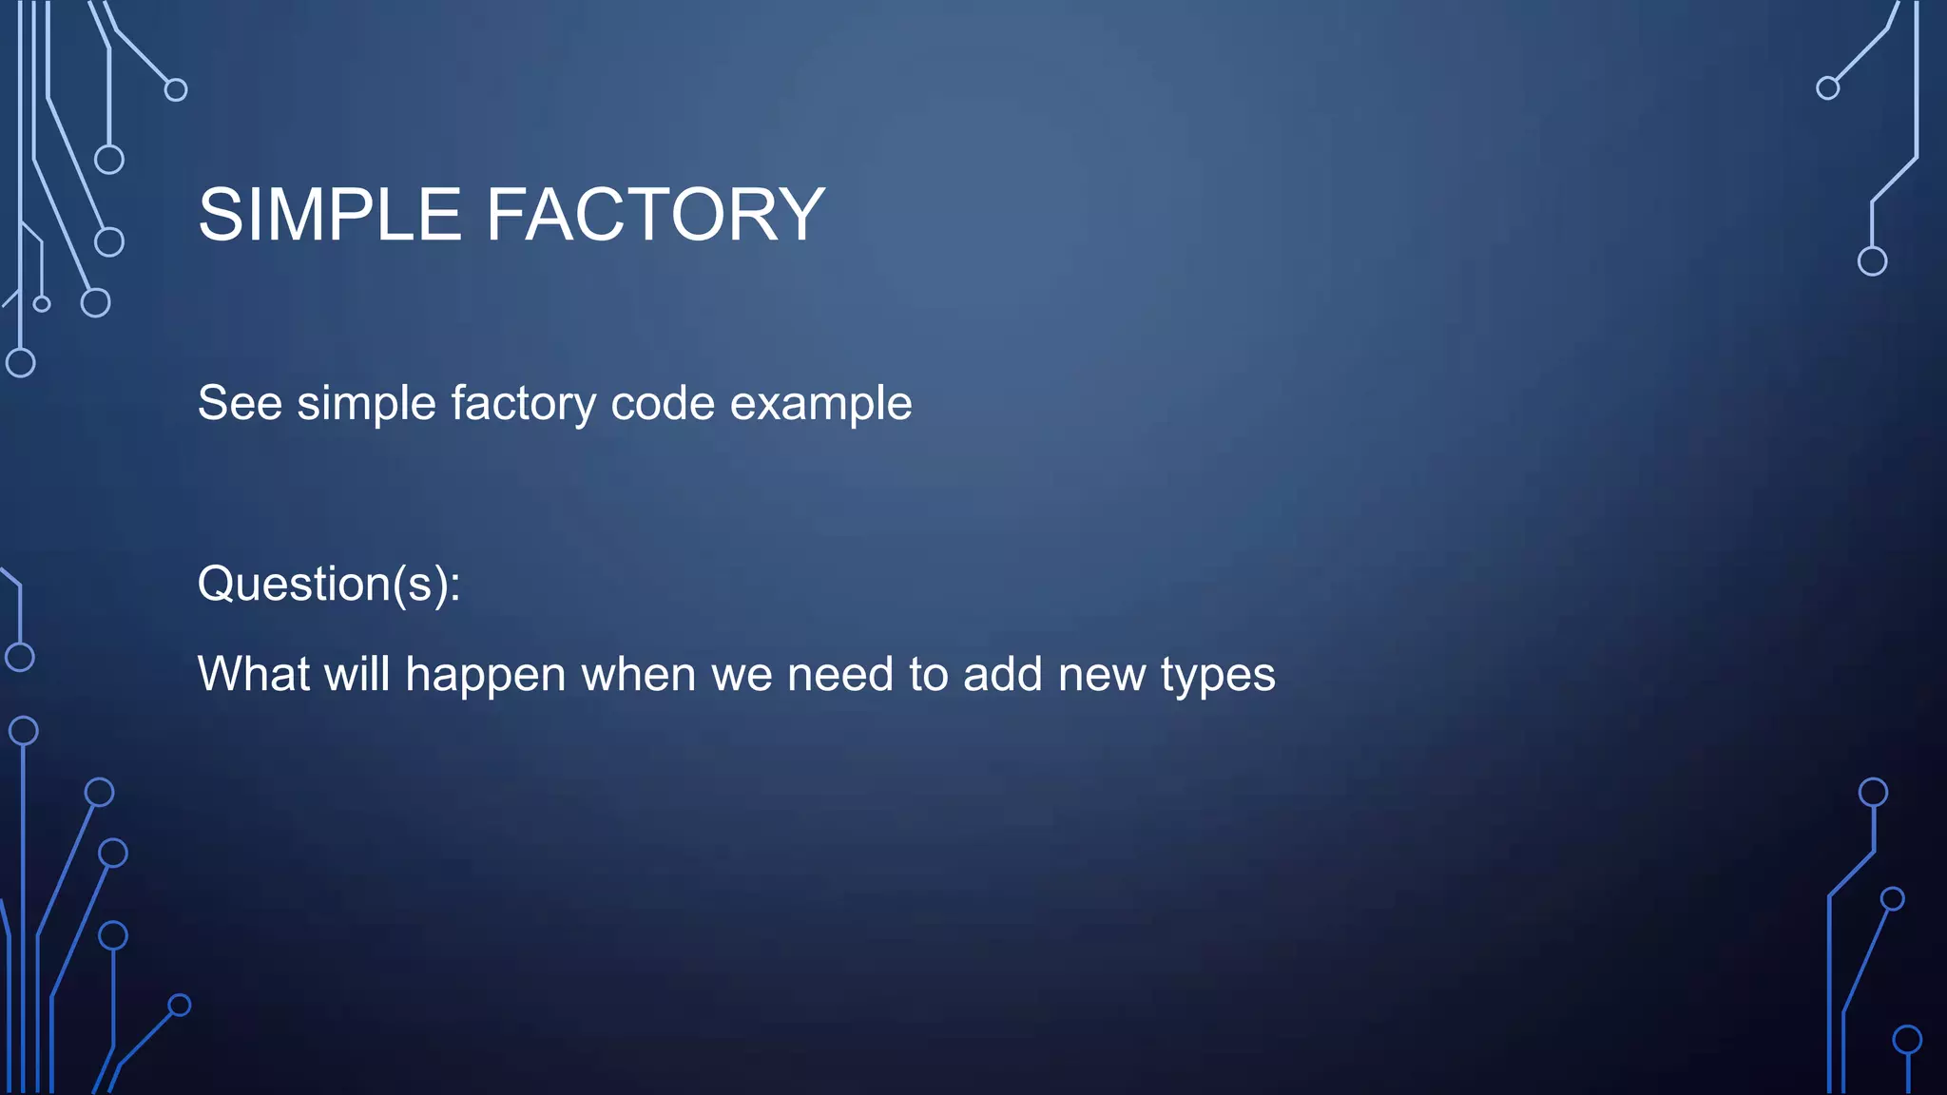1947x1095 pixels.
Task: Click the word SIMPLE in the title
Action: point(329,215)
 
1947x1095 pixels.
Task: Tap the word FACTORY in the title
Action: point(655,215)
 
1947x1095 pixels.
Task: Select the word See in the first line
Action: point(240,403)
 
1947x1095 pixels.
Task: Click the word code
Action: point(663,403)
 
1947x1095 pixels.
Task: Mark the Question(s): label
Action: point(329,584)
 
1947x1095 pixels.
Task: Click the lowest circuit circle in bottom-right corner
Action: point(1907,1040)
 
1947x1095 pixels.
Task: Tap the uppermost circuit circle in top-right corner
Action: point(1827,88)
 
